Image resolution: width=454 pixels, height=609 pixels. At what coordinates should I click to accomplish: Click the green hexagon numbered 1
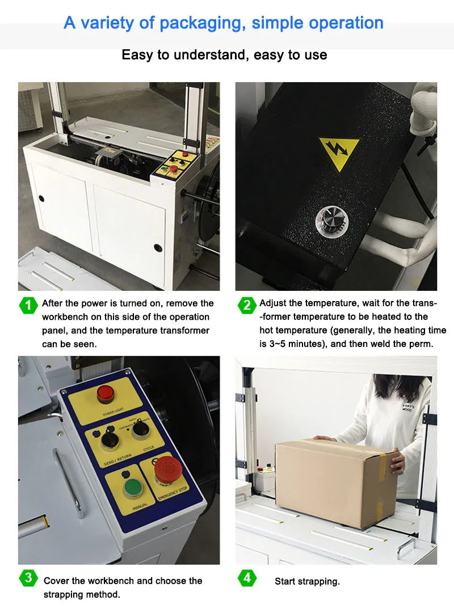click(28, 305)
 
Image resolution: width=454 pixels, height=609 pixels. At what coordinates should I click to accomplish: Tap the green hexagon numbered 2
click(246, 305)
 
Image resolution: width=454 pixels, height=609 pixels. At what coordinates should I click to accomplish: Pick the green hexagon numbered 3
click(28, 578)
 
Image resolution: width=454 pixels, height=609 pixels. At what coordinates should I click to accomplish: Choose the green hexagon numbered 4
click(246, 578)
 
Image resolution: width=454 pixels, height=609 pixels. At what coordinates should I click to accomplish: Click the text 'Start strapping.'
click(307, 581)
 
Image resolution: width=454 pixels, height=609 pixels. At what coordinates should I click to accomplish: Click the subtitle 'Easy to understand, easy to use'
click(224, 55)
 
